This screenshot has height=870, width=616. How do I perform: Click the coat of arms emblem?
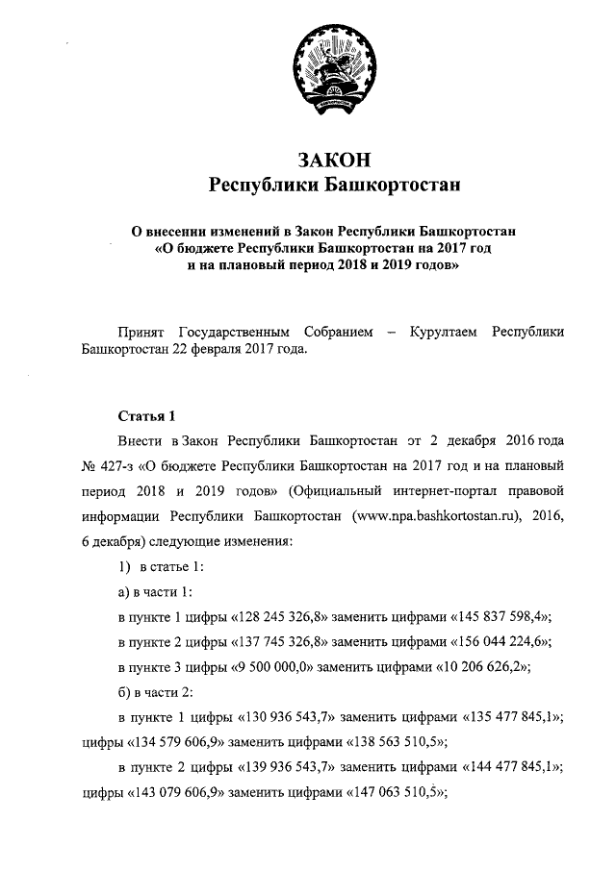pos(332,68)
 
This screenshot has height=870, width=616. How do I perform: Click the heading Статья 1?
pos(146,417)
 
